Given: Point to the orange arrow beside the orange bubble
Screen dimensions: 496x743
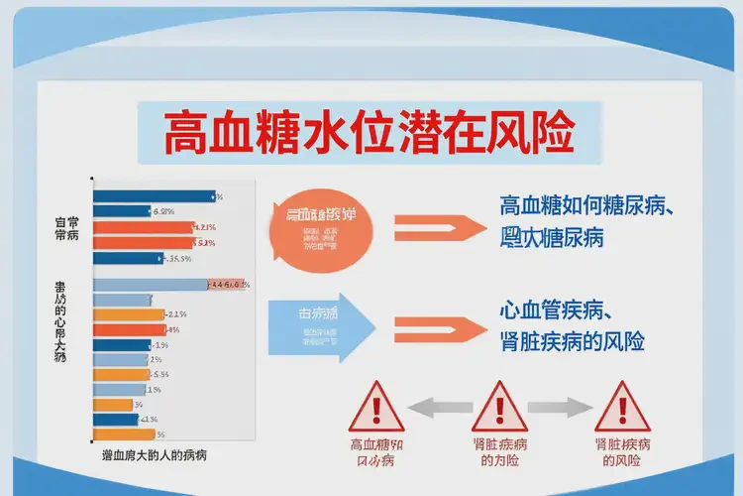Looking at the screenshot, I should [x=436, y=225].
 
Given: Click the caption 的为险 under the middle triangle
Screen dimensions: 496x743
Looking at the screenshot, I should [x=499, y=461].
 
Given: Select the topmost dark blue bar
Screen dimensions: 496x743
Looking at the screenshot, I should [x=154, y=195].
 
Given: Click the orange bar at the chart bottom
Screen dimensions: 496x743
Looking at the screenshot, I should [x=124, y=434].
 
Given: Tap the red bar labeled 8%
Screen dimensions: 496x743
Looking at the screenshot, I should [x=129, y=328].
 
